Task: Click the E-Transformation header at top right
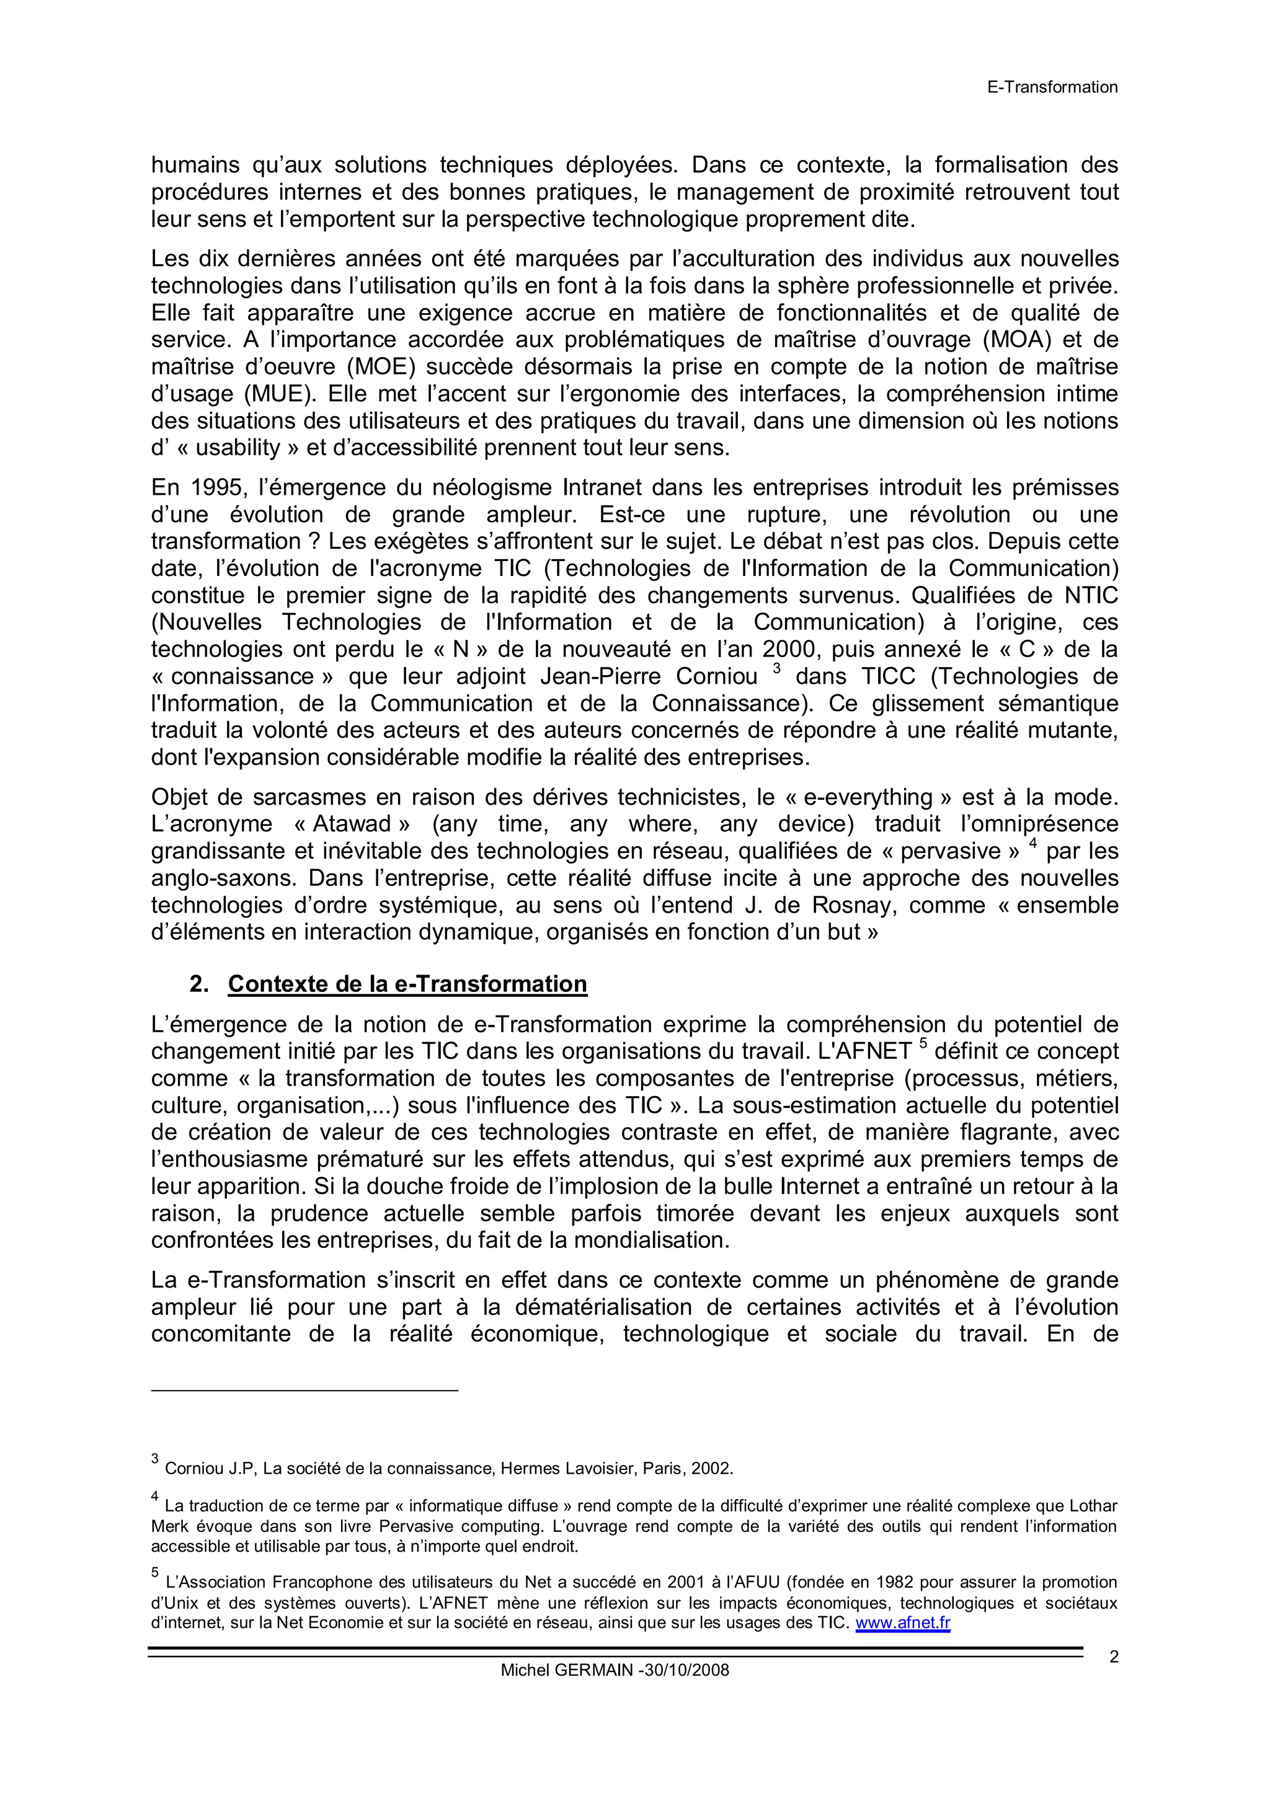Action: pos(1052,87)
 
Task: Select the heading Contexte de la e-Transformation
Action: pos(407,984)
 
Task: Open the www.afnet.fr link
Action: pos(902,1623)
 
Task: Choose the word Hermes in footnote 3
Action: pos(530,1468)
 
